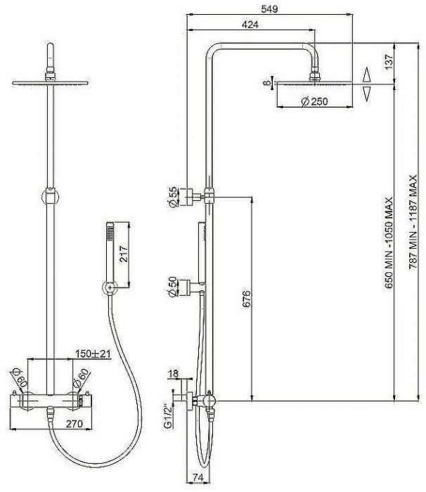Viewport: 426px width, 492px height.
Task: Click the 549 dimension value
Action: click(269, 8)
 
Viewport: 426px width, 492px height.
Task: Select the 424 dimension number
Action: click(250, 24)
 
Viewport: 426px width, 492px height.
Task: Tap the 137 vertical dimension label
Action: click(388, 62)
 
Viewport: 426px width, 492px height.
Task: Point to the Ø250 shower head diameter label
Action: click(314, 101)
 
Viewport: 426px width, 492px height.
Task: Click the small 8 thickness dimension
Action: click(266, 83)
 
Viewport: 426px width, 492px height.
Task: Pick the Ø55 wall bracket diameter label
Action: click(172, 197)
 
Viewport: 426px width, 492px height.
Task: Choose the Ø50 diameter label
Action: click(172, 287)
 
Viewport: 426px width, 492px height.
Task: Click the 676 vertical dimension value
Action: click(247, 299)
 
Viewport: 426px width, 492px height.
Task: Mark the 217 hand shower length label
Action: click(124, 254)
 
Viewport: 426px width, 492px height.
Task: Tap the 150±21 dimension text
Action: click(93, 354)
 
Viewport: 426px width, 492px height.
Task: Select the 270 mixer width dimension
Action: click(75, 424)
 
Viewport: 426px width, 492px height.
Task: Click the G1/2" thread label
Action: click(168, 416)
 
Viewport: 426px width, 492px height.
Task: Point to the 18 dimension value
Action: click(174, 373)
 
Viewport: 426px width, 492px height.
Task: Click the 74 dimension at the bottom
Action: click(198, 477)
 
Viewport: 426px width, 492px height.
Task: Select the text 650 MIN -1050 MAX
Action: click(389, 242)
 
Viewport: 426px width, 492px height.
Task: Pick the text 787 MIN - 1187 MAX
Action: click(413, 221)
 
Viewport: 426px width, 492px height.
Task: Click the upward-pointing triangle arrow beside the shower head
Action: click(367, 75)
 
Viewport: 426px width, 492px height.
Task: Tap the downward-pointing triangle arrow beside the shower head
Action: click(367, 94)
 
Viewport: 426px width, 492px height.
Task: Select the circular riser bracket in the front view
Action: click(50, 197)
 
